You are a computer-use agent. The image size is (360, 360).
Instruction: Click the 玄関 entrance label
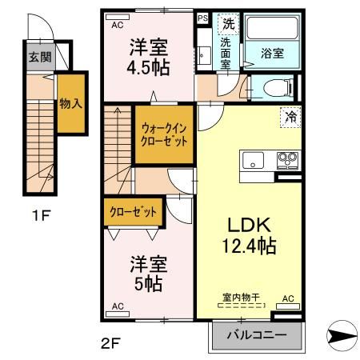[x=39, y=57]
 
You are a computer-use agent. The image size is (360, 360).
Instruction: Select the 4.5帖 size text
[x=150, y=67]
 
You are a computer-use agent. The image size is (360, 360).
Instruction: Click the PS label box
[x=203, y=18]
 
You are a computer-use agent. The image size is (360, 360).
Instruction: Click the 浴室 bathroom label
[x=272, y=54]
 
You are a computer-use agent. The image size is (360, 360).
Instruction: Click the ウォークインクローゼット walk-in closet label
[x=165, y=134]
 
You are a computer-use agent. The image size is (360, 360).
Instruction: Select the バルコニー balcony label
[x=256, y=336]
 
